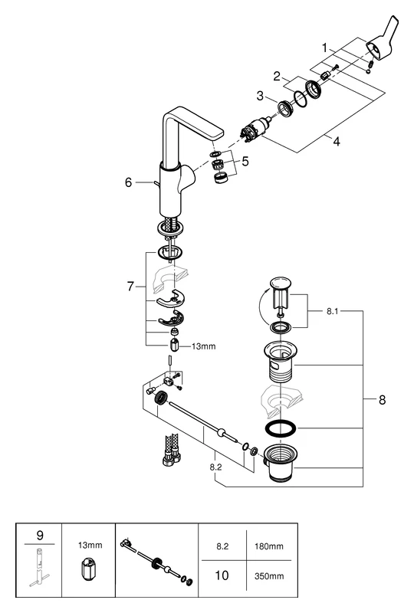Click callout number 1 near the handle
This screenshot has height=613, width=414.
(x=324, y=48)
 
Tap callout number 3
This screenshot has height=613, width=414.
(x=260, y=96)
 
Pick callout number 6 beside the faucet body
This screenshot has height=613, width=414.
(x=129, y=182)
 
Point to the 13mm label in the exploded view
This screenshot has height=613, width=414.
(x=203, y=346)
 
